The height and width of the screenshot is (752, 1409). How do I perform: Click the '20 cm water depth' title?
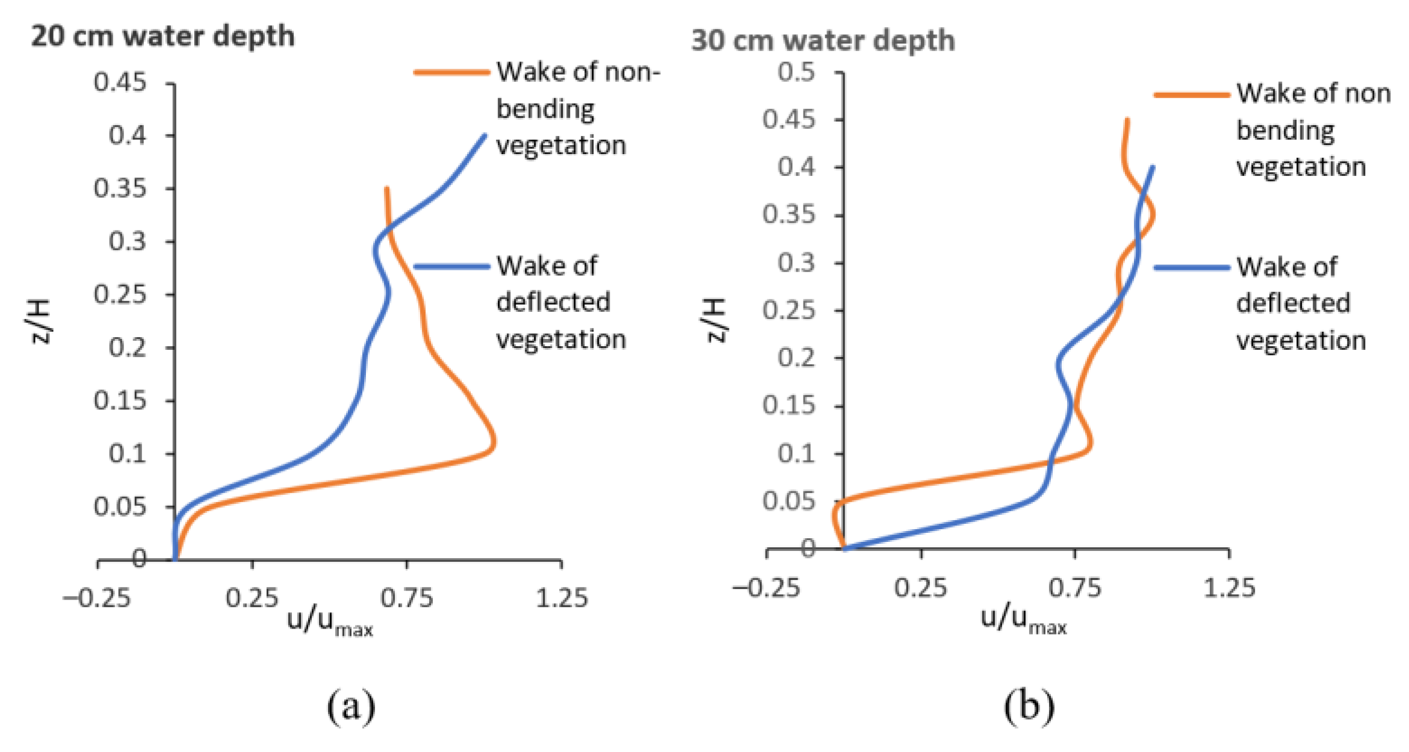point(163,36)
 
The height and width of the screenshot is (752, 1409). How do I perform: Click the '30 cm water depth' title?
point(822,40)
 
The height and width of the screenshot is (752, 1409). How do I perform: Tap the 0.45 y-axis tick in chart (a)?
point(120,82)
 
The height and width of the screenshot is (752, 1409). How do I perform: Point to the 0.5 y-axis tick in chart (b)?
point(796,72)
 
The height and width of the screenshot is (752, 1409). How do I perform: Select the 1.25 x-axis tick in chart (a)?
point(561,598)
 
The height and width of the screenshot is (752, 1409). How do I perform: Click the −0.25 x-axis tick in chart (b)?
point(766,588)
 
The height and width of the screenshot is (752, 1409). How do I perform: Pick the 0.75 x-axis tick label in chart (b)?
point(1074,588)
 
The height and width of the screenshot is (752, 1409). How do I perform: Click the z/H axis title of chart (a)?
point(41,321)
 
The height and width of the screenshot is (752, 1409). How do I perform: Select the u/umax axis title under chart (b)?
point(1023,620)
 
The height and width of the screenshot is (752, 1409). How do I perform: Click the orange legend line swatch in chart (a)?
point(451,72)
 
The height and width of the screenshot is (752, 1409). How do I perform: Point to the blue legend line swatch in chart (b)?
point(1191,267)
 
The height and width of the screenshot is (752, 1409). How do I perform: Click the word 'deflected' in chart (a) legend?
point(553,302)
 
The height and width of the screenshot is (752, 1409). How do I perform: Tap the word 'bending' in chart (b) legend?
point(1285,131)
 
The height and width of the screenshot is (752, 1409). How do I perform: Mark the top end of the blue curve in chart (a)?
point(485,135)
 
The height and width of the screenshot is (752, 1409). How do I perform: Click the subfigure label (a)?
point(351,705)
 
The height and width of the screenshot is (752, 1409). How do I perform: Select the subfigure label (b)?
point(1029,705)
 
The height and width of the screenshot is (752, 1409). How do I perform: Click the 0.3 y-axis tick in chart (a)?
point(127,241)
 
